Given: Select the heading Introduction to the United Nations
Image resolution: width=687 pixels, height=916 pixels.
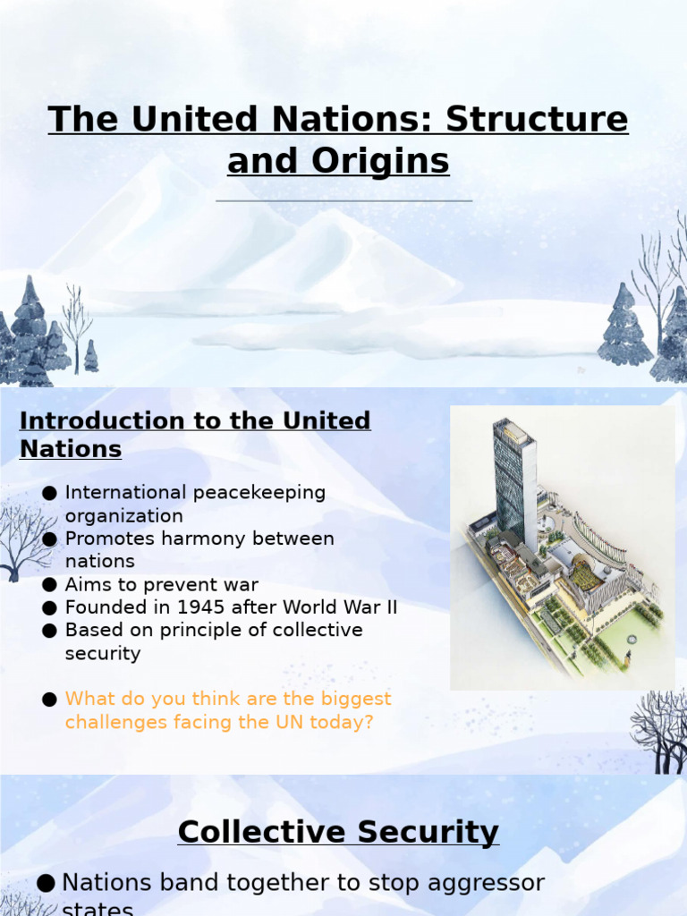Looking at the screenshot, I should click(x=195, y=434).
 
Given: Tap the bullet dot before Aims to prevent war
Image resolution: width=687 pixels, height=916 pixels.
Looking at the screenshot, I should click(x=50, y=585).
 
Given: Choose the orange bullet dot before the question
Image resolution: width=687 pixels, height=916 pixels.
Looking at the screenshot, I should click(x=50, y=700).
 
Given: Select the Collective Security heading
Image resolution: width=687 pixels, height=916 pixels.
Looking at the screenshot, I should click(x=338, y=832).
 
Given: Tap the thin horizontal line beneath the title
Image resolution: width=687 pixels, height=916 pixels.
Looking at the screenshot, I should click(x=343, y=201).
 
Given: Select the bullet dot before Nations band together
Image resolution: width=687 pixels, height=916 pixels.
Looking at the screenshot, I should click(x=47, y=884).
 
